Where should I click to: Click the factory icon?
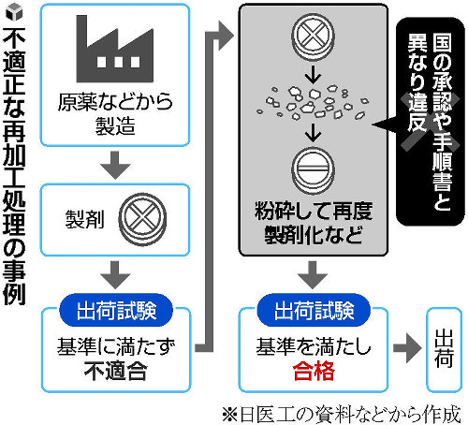(114, 49)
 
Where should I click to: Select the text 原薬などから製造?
(115, 114)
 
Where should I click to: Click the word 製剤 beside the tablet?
(84, 219)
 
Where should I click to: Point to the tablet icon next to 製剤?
(142, 219)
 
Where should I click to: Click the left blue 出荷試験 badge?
(116, 310)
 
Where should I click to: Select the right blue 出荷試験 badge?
(314, 310)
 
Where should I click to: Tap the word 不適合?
(115, 371)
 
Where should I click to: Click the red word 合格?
(314, 371)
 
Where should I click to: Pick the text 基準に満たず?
(116, 346)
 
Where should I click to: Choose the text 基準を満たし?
(314, 346)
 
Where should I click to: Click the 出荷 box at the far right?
(444, 349)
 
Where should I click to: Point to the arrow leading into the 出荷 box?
(407, 348)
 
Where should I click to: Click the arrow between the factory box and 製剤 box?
(115, 165)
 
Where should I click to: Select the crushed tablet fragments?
(313, 102)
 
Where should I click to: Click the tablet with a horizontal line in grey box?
(313, 171)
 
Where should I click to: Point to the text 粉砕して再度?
(314, 211)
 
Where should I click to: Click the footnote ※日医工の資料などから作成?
(342, 415)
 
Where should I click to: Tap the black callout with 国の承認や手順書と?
(430, 122)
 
